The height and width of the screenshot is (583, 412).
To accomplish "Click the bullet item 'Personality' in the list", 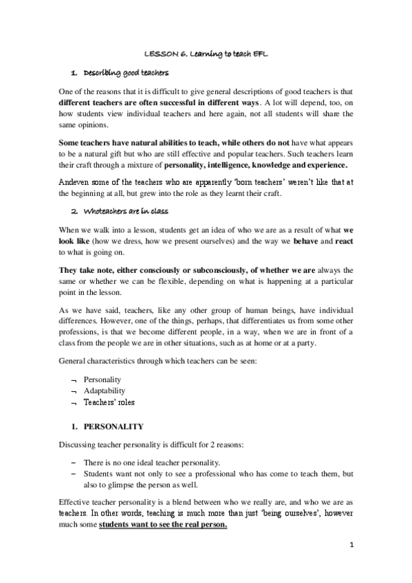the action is tap(102, 379).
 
